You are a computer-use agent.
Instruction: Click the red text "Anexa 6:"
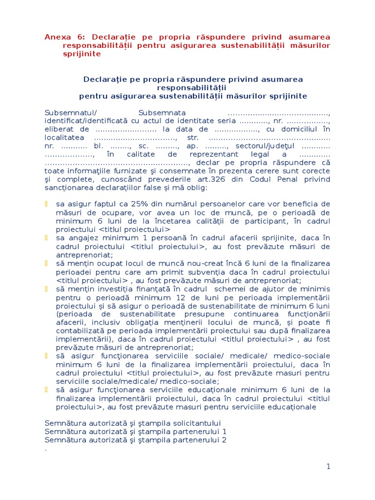(62, 37)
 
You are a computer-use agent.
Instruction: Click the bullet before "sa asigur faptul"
(47, 204)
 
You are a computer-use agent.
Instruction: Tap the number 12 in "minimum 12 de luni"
(168, 297)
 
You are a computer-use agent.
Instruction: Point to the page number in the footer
(329, 466)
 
